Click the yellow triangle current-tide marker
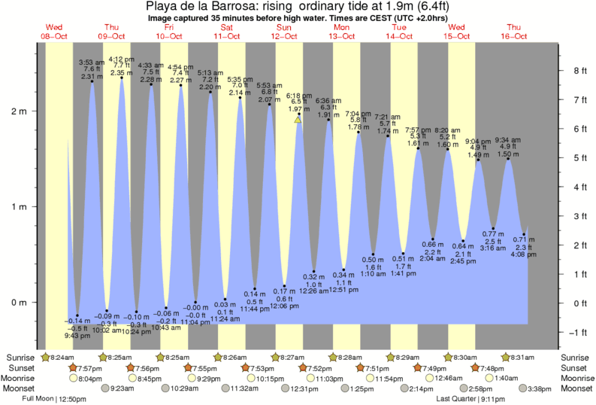coord(298,119)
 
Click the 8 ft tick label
coord(579,71)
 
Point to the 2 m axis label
coord(17,111)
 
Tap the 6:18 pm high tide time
coord(298,96)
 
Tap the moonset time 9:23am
coord(123,388)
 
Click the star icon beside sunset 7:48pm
coord(475,367)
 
